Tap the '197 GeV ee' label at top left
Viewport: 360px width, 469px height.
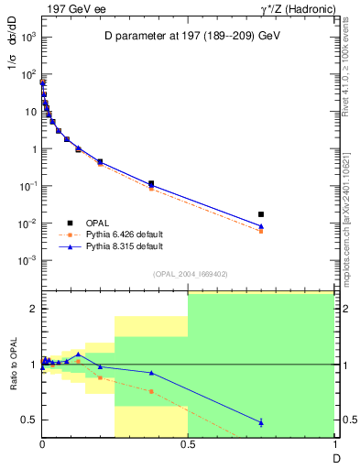[x=69, y=9]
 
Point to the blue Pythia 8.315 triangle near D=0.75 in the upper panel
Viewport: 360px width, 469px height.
[x=261, y=225]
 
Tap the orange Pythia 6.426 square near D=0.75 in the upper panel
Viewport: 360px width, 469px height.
[x=261, y=231]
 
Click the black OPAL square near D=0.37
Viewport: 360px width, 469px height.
[x=151, y=183]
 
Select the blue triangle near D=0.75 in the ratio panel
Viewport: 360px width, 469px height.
[x=261, y=422]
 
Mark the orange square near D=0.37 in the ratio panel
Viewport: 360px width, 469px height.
[x=151, y=391]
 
